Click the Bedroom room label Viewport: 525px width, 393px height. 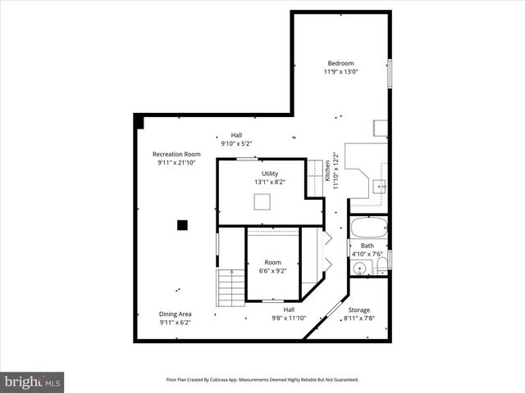click(340, 63)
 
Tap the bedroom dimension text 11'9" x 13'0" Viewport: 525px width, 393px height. click(340, 72)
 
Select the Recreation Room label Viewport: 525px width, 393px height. click(176, 154)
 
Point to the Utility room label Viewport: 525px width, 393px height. click(270, 174)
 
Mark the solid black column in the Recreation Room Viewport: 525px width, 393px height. click(183, 224)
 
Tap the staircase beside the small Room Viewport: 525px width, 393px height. click(232, 286)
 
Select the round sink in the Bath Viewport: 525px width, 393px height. click(360, 268)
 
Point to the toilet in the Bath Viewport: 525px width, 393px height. click(381, 264)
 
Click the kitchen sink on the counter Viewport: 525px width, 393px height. click(380, 187)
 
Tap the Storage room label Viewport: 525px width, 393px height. click(358, 310)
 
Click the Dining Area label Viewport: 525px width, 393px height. click(175, 314)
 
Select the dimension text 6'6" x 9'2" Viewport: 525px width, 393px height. click(272, 271)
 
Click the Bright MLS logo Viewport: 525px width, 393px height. click(33, 382)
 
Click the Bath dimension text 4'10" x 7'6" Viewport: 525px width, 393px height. click(367, 254)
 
